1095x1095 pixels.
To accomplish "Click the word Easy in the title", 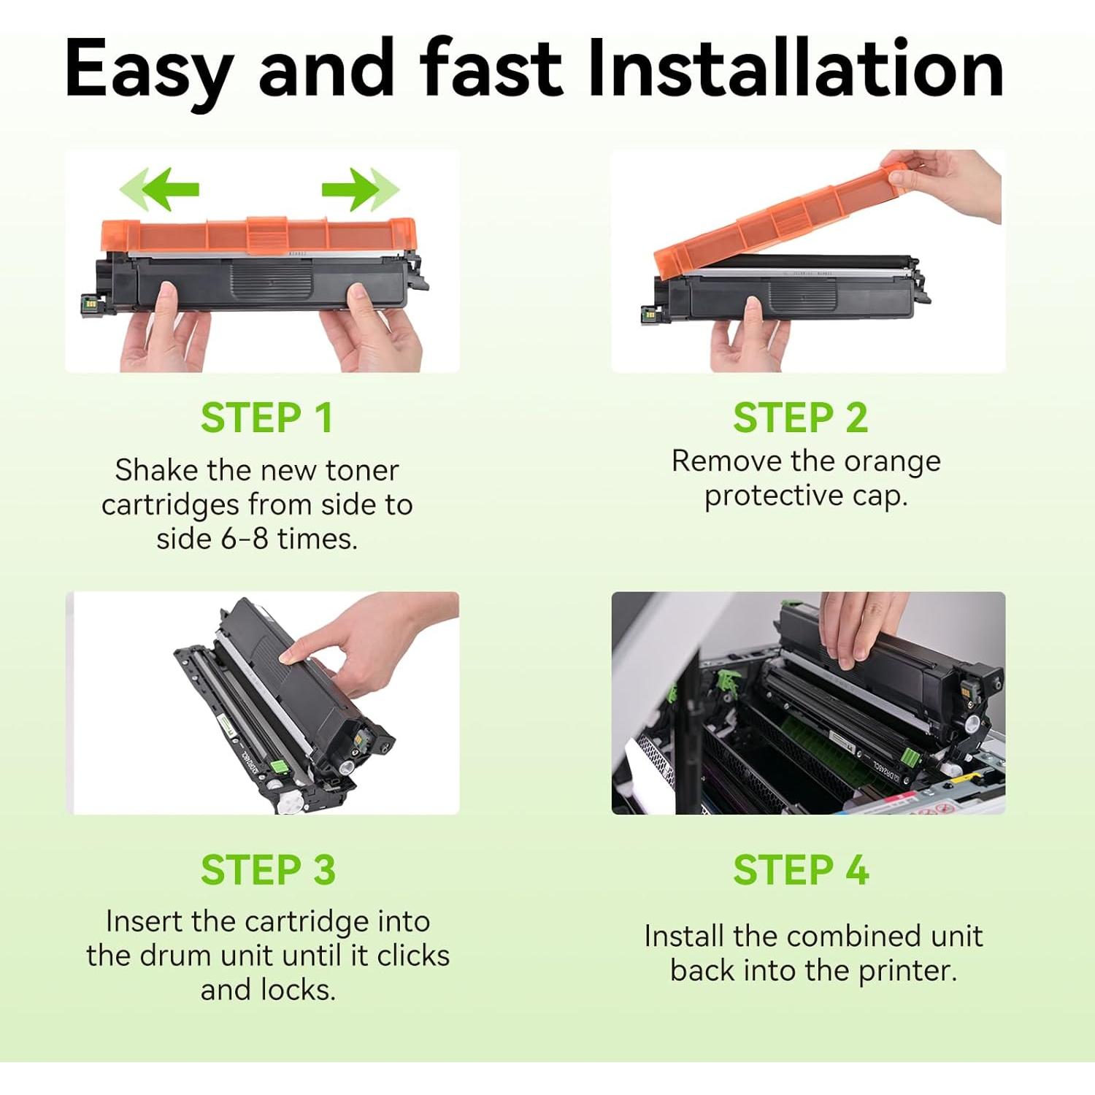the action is coord(149,70).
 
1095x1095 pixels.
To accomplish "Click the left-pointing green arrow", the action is coord(159,189).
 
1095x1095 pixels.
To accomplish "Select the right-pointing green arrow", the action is coord(361,189).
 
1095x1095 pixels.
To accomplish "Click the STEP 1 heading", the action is coord(267,418).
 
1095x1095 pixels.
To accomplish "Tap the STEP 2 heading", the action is coord(801,418).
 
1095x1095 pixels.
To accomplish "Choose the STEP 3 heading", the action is coord(268,870).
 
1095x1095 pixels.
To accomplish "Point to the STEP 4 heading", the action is coord(802,870).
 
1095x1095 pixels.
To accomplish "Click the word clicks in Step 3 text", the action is coord(413,956).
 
